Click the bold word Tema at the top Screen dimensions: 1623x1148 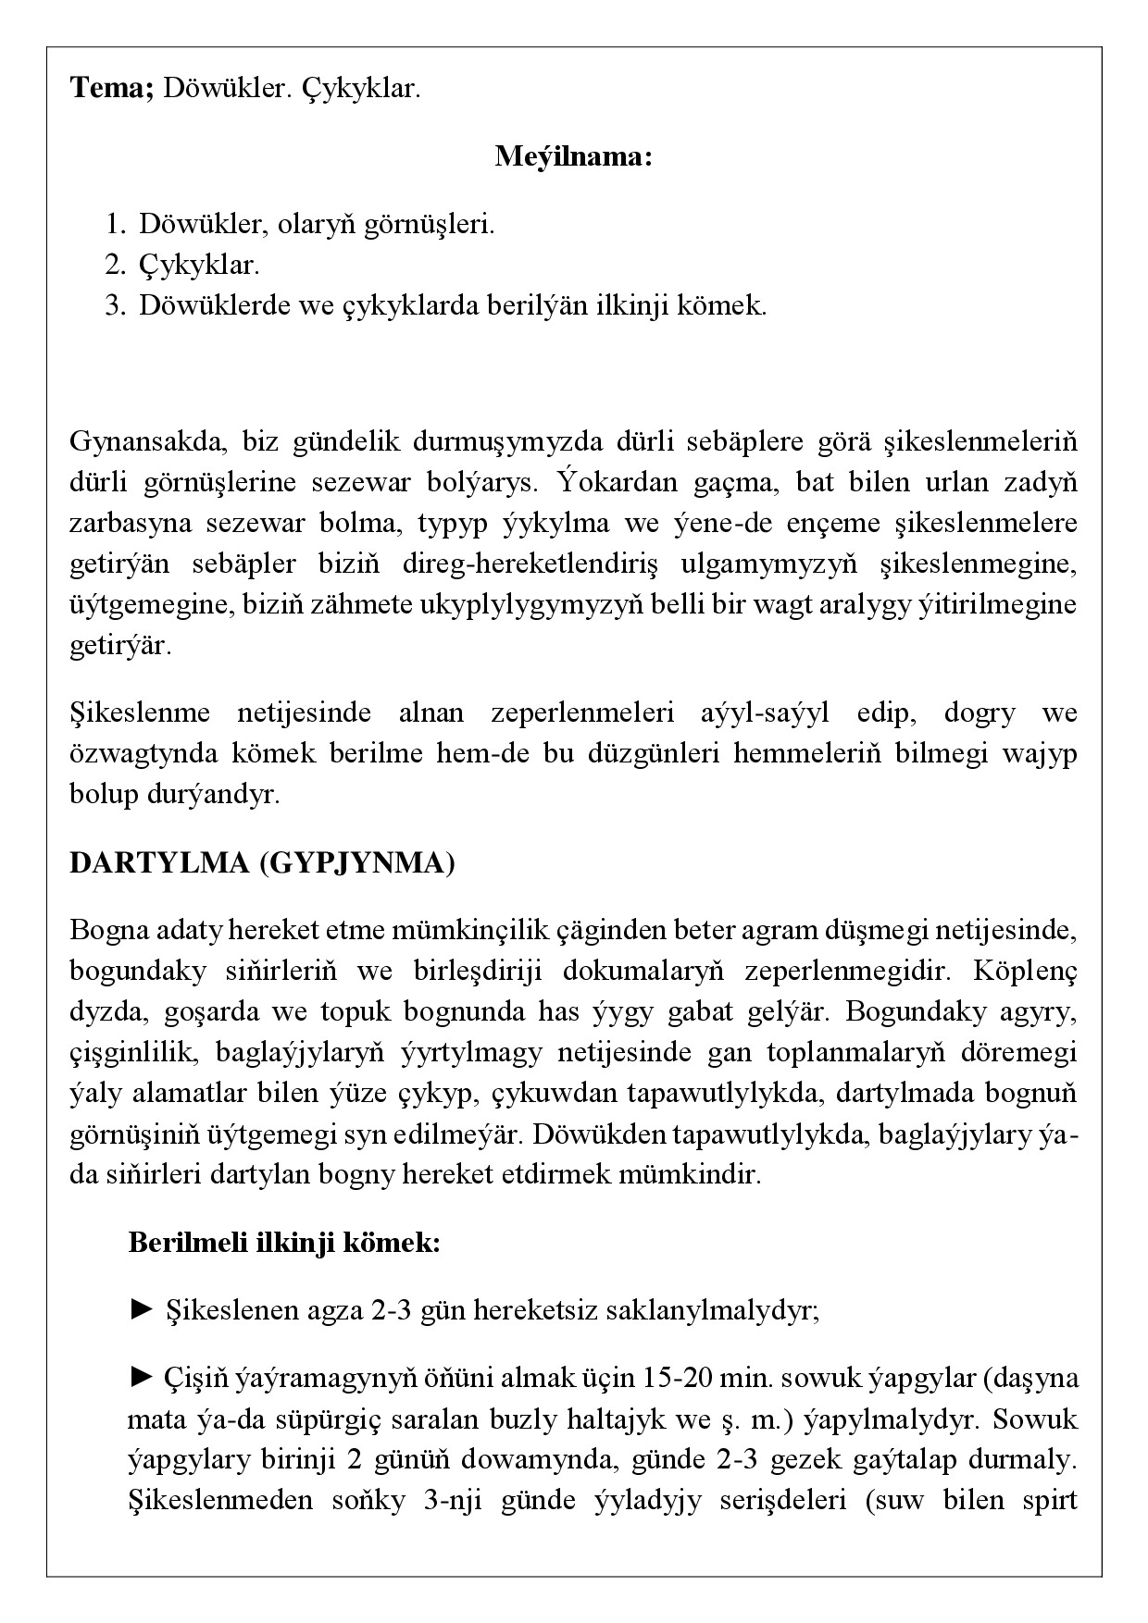click(110, 90)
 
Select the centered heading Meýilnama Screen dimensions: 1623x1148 click(574, 155)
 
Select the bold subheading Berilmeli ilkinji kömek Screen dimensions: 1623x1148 click(283, 1242)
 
